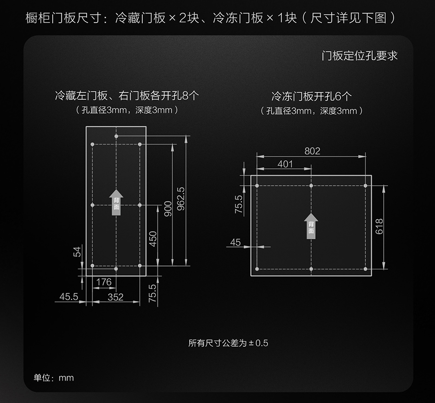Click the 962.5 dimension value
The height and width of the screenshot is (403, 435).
coord(181,199)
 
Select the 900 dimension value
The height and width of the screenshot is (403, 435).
coord(168,208)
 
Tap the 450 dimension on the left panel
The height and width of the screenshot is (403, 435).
coord(153,238)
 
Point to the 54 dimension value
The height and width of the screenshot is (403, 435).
coord(77,252)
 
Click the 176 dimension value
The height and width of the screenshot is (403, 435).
coord(104,282)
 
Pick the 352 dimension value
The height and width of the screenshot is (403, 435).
coord(115,297)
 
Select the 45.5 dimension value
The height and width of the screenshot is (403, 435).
coord(69,297)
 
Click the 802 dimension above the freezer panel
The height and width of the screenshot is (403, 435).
coord(312,151)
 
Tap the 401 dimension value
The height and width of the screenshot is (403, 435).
coord(285,164)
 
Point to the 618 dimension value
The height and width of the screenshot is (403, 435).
coord(379,226)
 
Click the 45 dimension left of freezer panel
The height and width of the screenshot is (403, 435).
coord(235,242)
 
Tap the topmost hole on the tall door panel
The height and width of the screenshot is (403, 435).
coord(116,136)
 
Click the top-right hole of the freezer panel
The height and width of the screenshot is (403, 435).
coord(366,185)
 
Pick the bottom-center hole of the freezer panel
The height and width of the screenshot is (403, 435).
coord(311,269)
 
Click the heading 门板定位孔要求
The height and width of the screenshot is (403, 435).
coord(360,56)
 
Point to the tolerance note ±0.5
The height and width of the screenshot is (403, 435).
coord(229,343)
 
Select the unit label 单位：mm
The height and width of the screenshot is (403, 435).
coord(54,378)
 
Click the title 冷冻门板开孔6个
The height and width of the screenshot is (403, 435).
coord(311,96)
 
